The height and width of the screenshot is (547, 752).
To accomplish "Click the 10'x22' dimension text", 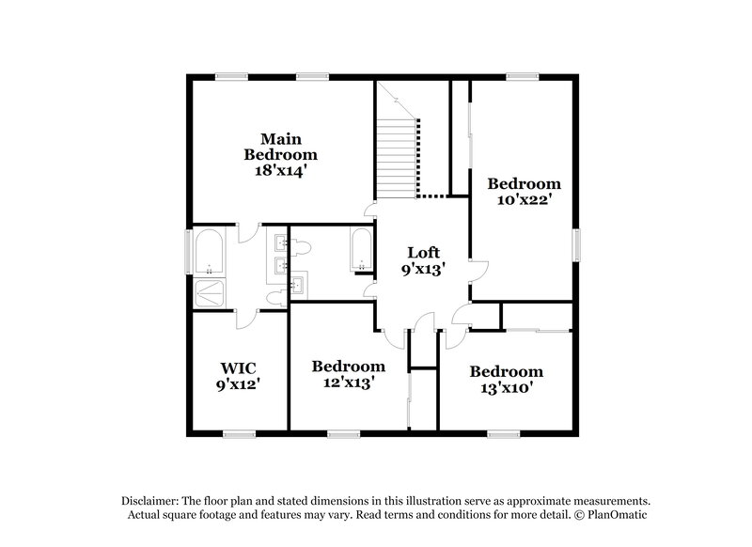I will point(525,199).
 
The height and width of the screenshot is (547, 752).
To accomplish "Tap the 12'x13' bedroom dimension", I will point(348,383).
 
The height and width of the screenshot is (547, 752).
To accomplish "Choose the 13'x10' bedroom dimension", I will point(506,388).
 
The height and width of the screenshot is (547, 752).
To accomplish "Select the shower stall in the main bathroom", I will point(209,292).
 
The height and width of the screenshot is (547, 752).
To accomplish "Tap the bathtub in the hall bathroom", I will point(361,250).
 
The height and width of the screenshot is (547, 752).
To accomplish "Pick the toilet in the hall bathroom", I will point(300,247).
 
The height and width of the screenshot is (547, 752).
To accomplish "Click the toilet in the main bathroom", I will point(276,297).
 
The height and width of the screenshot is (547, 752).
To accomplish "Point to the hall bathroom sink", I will point(298,284).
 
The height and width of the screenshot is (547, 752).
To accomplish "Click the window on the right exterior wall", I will point(575,246).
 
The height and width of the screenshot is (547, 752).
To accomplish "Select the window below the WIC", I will point(239,433).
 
